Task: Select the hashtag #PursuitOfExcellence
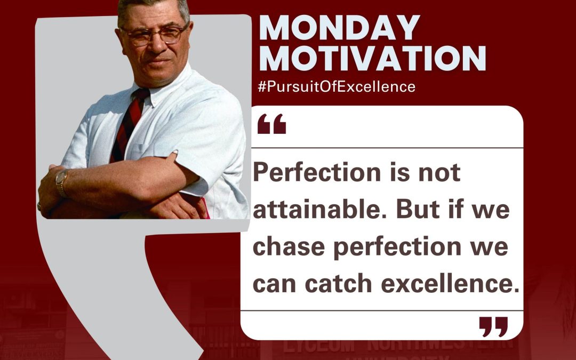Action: tap(336, 86)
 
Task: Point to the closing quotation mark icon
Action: tap(493, 326)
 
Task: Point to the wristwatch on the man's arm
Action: tap(62, 183)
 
